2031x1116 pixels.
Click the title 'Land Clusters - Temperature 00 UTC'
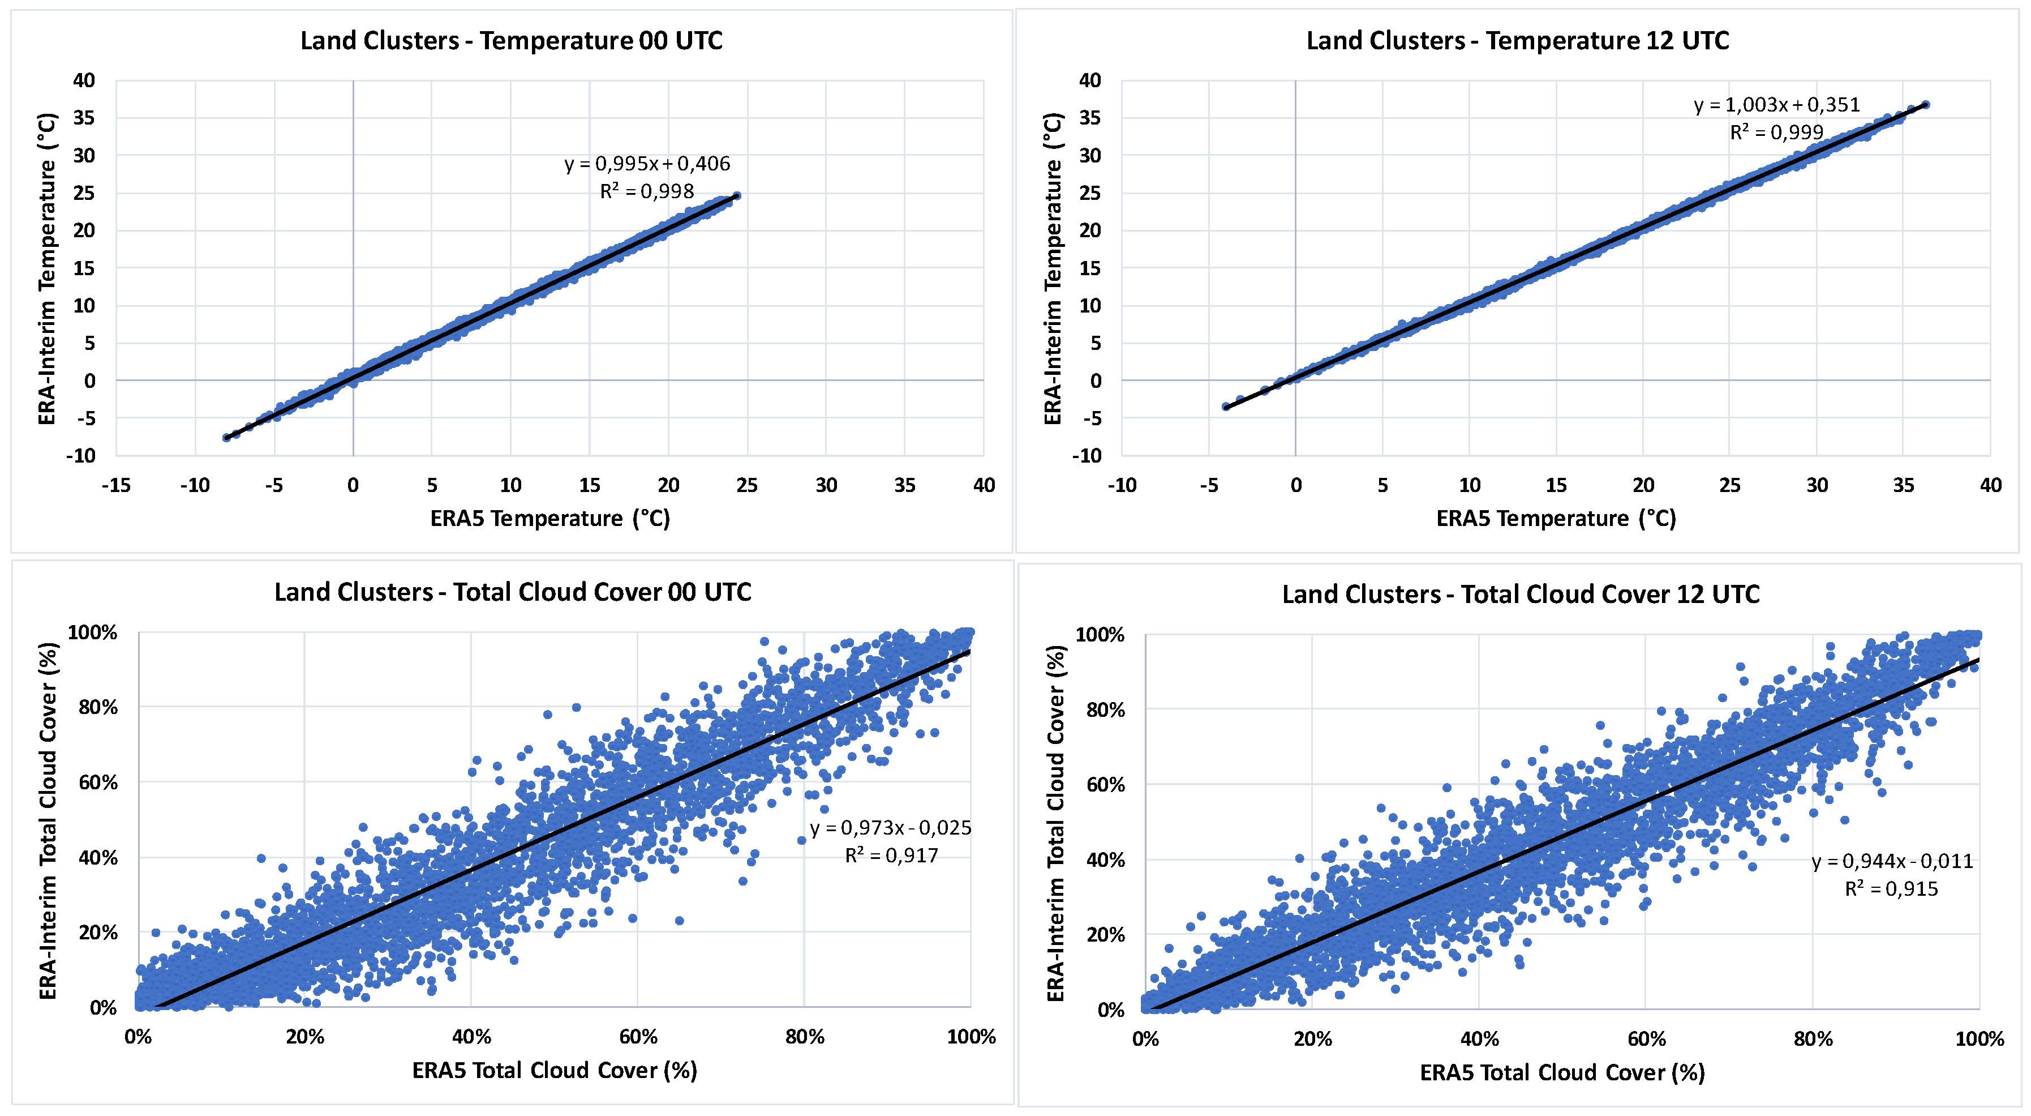[511, 40]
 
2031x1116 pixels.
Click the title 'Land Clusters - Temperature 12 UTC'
[1517, 40]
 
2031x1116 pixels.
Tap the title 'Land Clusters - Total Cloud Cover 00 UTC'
[513, 592]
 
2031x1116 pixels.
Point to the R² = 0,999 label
[1776, 132]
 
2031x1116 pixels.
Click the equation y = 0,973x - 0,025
[890, 827]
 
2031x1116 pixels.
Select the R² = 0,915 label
[1891, 889]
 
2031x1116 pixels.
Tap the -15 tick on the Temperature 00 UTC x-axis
[116, 485]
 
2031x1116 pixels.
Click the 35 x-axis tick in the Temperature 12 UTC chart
[1903, 485]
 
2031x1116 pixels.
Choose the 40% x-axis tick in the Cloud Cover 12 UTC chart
[1479, 1038]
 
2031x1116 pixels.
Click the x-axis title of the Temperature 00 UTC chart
[549, 518]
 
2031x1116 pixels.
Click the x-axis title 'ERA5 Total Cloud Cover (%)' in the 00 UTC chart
[554, 1070]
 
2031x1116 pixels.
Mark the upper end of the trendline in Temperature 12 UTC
[1925, 104]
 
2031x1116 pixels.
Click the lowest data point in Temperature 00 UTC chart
[227, 437]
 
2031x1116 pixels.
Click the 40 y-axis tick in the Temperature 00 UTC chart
[84, 80]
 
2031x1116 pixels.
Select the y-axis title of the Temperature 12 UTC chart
[1053, 268]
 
